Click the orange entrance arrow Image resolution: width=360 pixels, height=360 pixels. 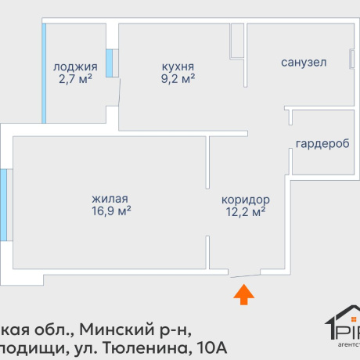pos(244,294)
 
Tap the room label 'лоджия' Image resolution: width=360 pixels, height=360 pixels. pos(75,67)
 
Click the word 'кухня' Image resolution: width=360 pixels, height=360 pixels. pos(178,67)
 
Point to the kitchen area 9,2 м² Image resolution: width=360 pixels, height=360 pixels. pos(178,78)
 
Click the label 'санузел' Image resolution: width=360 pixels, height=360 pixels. pos(304,62)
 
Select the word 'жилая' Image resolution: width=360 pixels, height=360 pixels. pos(110,199)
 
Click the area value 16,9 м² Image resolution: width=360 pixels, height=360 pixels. pos(110,211)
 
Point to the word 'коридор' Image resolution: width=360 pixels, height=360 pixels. pos(245,199)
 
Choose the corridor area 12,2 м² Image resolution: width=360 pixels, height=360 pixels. pos(245,211)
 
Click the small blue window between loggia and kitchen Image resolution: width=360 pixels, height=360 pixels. pos(110,63)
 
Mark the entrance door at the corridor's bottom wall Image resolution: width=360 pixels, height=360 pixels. pos(245,274)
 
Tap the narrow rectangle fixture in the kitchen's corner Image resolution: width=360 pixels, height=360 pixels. pos(236,40)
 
